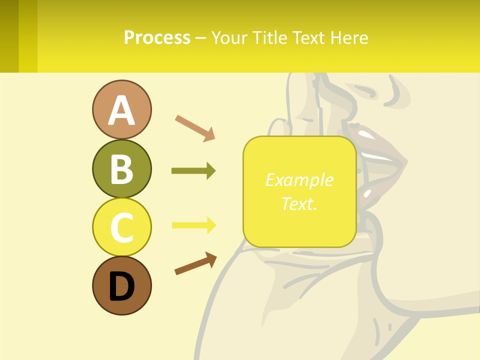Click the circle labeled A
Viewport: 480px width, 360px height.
click(121, 109)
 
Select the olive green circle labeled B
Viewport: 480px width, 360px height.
click(121, 168)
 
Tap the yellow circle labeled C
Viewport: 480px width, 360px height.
click(121, 227)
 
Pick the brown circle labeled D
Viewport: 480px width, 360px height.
click(121, 285)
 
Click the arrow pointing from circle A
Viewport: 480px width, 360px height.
click(195, 127)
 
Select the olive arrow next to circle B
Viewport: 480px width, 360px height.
click(193, 171)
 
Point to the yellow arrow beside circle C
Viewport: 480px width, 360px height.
click(193, 225)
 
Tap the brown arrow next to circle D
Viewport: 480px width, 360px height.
click(195, 264)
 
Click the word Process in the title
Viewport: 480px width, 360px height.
click(157, 37)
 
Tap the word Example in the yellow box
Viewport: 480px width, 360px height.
click(299, 180)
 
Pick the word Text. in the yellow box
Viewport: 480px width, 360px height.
click(299, 203)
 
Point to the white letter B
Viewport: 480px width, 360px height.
click(121, 169)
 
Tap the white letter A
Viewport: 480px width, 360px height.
click(121, 110)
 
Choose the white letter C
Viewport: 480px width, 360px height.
click(121, 227)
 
